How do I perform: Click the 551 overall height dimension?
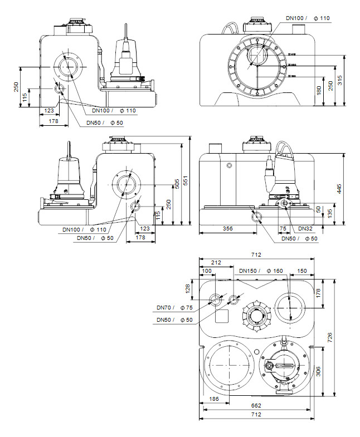[186, 181]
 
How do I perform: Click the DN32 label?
[304, 228]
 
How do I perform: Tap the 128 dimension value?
[188, 288]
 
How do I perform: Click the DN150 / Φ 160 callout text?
[261, 271]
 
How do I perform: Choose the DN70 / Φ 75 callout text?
[174, 308]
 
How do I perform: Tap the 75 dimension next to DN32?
[283, 228]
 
